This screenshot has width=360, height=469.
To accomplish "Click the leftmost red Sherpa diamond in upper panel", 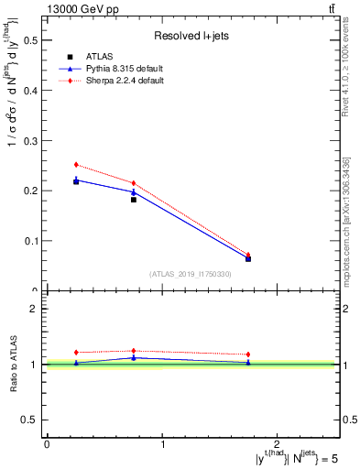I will tap(76, 165).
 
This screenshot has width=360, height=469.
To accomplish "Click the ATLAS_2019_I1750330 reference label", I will tap(191, 274).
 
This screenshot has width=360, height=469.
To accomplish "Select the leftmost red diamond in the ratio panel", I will tap(76, 353).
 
